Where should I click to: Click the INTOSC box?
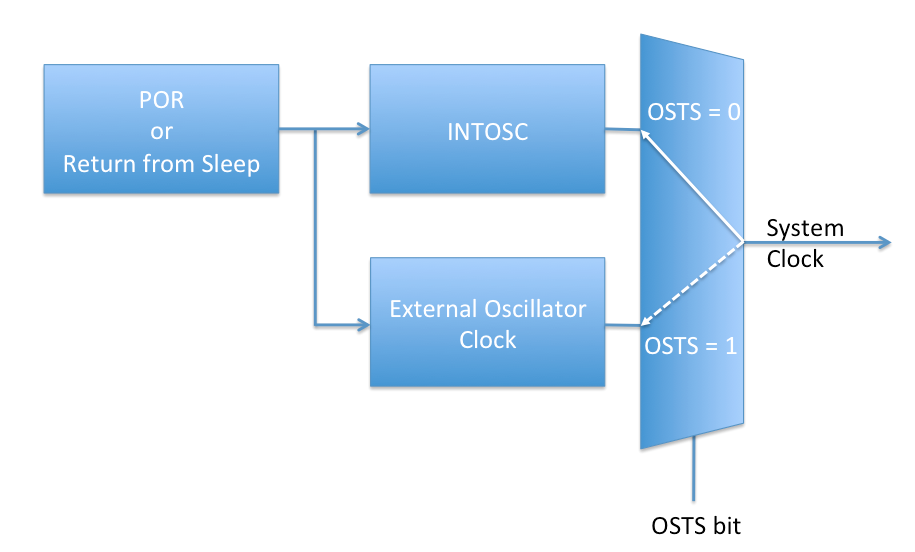[487, 129]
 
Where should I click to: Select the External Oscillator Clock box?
[487, 323]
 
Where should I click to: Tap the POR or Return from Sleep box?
[161, 129]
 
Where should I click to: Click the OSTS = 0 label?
[693, 111]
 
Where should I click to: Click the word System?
[805, 228]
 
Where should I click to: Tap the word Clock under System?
[795, 259]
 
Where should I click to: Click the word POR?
[161, 101]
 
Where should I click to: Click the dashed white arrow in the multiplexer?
[691, 284]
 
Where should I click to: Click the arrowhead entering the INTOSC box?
[362, 129]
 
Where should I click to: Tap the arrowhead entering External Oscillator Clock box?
[362, 324]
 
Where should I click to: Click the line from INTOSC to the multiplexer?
[622, 129]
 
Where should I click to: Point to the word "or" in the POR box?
[161, 132]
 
